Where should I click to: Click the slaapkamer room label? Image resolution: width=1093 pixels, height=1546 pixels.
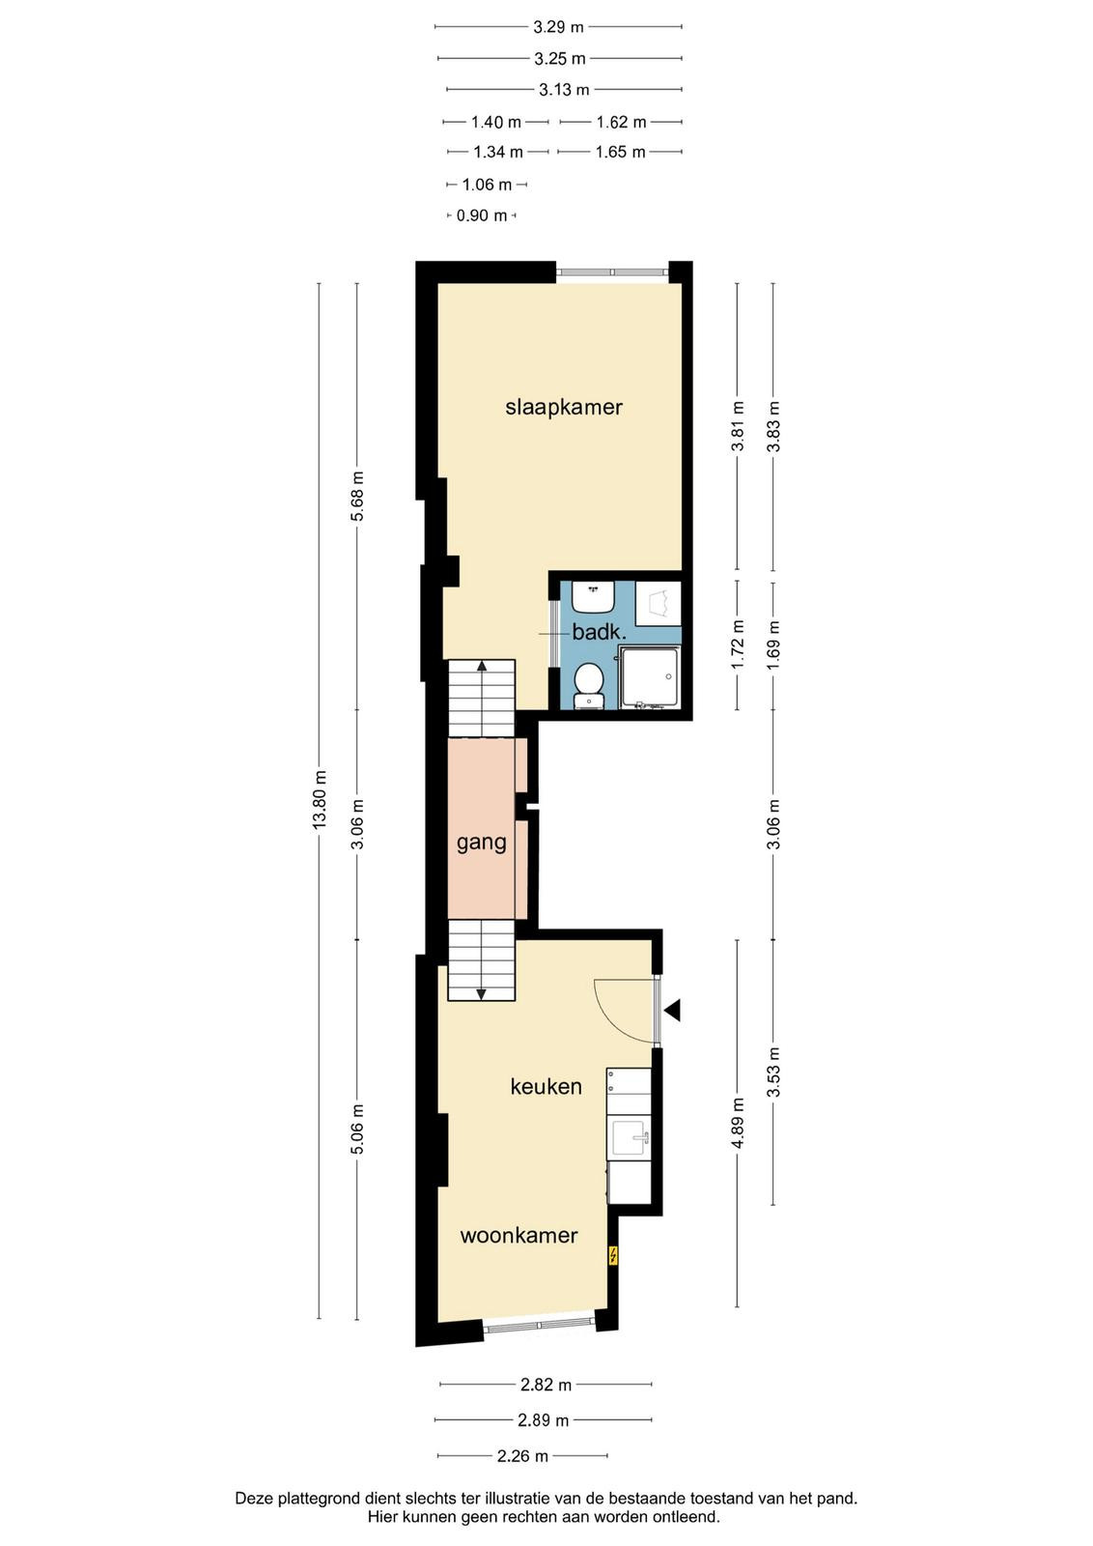pos(563,407)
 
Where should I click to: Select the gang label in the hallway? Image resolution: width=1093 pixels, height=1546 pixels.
pos(482,843)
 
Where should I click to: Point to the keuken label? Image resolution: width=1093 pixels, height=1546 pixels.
pos(546,1086)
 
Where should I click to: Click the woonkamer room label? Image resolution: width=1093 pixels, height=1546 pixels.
pos(518,1235)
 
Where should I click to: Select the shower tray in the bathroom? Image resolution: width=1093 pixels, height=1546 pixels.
pos(649,677)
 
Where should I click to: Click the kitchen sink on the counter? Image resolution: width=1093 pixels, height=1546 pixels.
pos(629,1138)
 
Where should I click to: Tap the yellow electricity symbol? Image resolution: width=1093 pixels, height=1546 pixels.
pos(612,1255)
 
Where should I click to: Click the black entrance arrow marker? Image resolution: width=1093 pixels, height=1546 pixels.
pos(672,1011)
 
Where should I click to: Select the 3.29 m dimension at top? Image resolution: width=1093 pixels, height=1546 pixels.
pos(558,28)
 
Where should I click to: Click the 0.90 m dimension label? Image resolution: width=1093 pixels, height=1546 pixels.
pos(482,216)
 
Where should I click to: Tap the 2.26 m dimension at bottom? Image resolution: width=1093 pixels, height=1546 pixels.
pos(522,1456)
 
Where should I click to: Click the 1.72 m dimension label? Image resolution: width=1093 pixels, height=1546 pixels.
pos(738,644)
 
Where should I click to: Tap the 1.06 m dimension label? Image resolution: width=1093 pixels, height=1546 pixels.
pos(487,185)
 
